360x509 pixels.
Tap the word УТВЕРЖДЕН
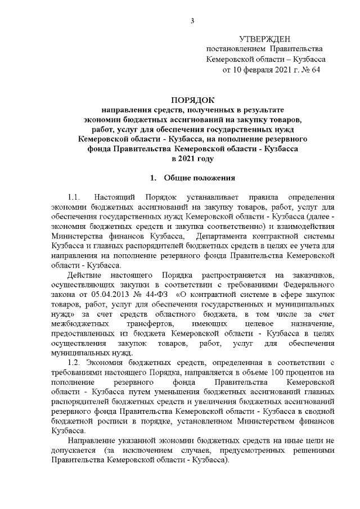tap(265, 39)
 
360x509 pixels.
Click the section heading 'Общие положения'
tap(199, 178)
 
